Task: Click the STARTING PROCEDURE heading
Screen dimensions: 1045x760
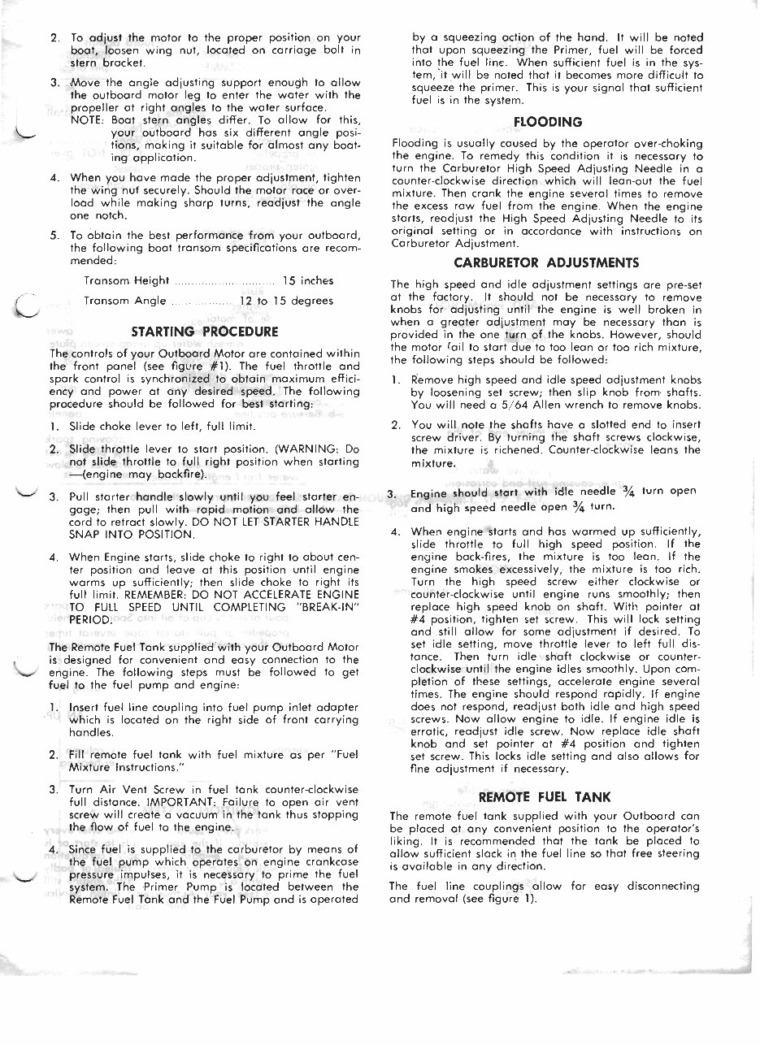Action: (205, 332)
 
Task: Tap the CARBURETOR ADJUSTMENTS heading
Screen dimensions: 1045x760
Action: (546, 262)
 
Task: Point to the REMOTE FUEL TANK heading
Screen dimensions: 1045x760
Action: (545, 796)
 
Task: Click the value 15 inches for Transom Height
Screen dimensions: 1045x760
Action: (307, 280)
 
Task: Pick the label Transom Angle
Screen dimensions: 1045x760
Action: (127, 301)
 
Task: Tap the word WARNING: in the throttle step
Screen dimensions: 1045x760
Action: (314, 449)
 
